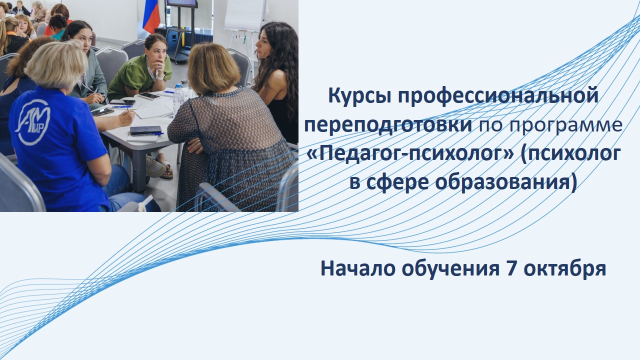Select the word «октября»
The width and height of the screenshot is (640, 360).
coord(565,269)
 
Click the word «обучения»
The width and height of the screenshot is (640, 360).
coord(450,269)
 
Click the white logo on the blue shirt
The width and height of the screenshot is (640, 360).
coord(33,122)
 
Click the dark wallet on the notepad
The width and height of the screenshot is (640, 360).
coord(145,130)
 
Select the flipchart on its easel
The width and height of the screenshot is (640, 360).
coord(245,15)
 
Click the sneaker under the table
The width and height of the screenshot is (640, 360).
coord(155,166)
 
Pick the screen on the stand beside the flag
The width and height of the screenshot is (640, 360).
coord(181,3)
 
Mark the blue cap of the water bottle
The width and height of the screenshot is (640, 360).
coord(178,85)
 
